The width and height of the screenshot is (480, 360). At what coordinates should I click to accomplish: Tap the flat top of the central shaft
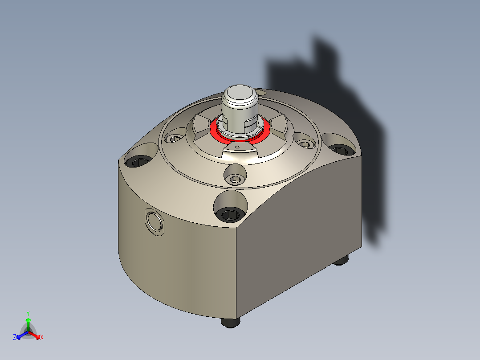click(239, 94)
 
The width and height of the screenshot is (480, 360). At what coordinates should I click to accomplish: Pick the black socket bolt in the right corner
click(340, 149)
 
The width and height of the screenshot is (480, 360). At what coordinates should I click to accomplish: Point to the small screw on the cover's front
click(235, 179)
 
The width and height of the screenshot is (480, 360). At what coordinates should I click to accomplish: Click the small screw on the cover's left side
click(175, 139)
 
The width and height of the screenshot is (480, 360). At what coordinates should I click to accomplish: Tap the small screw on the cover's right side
click(305, 144)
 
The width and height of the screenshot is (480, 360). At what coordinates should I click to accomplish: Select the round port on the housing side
click(155, 221)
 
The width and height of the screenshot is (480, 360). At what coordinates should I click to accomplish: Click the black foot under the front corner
click(230, 323)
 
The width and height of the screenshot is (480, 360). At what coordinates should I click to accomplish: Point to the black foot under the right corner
click(341, 261)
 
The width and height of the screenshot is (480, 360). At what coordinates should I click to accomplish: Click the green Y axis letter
click(28, 313)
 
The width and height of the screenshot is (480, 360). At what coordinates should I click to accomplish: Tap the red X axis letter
click(42, 338)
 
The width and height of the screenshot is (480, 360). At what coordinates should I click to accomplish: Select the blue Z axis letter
click(15, 338)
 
